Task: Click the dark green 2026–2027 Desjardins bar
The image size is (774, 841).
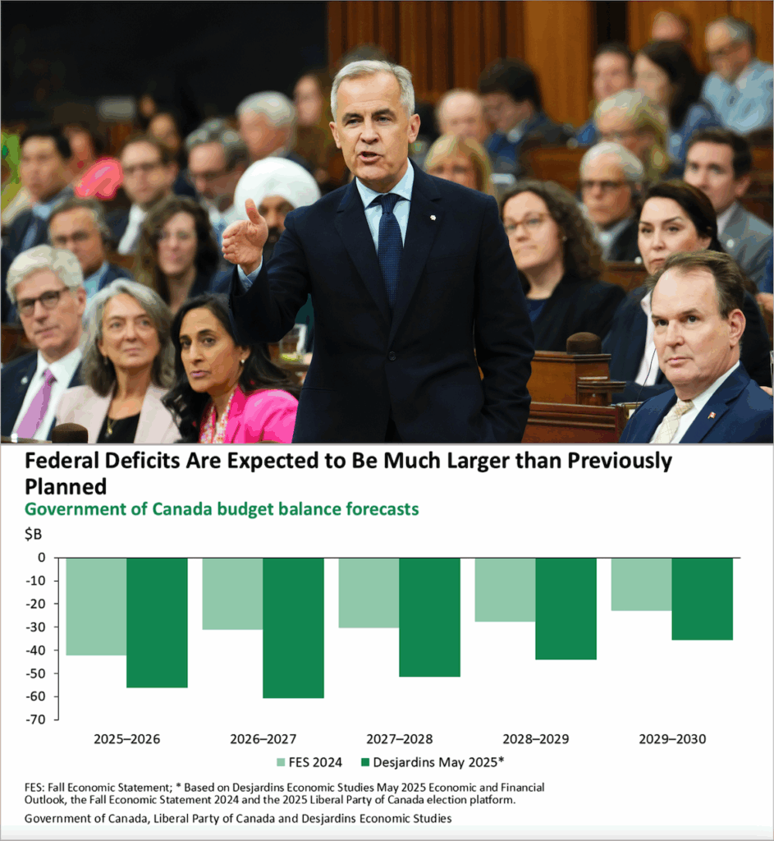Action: (x=293, y=627)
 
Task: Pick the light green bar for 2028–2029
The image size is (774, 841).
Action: (x=505, y=589)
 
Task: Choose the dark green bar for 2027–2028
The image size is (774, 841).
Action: (x=429, y=617)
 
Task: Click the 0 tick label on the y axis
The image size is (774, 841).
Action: (x=42, y=558)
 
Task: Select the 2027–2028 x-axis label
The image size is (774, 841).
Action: (x=399, y=739)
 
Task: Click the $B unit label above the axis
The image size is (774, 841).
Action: (x=34, y=535)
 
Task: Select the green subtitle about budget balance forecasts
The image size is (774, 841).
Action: (x=222, y=509)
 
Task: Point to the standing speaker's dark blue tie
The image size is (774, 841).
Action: (x=389, y=237)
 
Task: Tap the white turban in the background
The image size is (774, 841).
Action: (x=277, y=186)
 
